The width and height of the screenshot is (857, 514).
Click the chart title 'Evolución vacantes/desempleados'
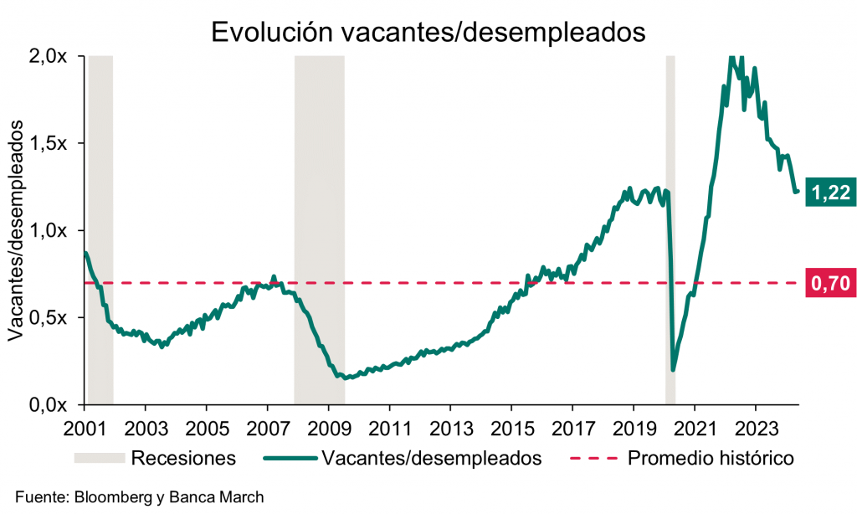[428, 31]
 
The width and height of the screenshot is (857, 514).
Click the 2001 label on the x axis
[85, 424]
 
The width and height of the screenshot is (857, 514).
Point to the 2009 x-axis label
[328, 424]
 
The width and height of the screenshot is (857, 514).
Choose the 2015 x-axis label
[511, 424]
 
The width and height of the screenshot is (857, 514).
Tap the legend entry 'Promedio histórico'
[711, 458]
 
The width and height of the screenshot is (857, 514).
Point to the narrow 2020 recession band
[670, 230]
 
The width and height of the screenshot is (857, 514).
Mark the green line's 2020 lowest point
[674, 369]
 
